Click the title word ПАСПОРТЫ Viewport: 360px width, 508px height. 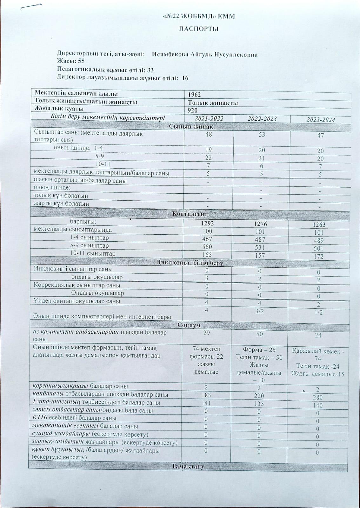pos(199,29)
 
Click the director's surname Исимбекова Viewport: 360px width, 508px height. pos(170,55)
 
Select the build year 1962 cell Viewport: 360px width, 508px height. pos(194,95)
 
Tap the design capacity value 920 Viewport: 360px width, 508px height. pos(192,110)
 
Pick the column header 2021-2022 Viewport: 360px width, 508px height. pos(209,118)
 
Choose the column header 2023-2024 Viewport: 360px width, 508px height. pos(321,120)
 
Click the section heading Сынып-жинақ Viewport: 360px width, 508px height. pos(191,126)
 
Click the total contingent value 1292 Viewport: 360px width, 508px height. pos(208,224)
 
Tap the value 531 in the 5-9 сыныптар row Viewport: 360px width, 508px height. pos(260,248)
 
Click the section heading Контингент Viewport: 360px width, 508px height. pos(190,214)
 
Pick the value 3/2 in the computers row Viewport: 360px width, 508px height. pos(260,311)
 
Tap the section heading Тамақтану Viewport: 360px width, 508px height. pos(187,466)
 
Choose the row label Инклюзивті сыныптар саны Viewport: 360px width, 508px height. pos(73,269)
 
